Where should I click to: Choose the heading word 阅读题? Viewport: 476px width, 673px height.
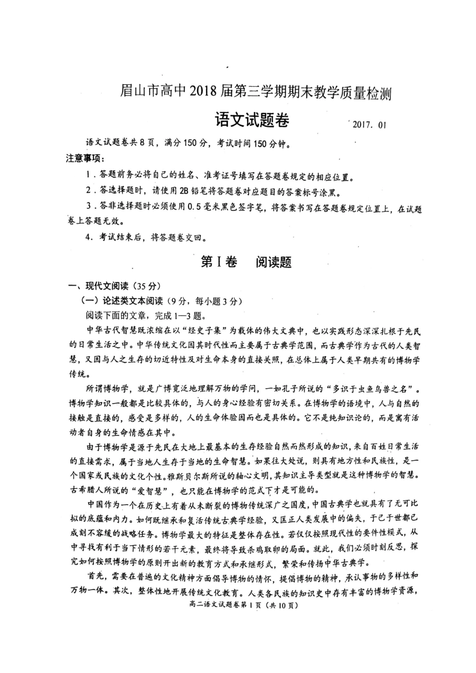click(x=274, y=262)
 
